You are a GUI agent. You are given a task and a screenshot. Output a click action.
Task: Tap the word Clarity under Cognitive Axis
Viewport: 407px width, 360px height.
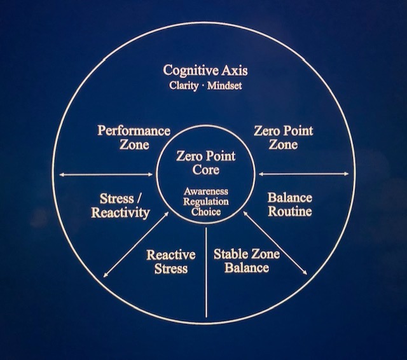184,85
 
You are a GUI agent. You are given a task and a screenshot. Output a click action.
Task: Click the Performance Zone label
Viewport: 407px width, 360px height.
134,137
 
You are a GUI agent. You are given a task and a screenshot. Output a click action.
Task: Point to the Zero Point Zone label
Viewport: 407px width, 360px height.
283,137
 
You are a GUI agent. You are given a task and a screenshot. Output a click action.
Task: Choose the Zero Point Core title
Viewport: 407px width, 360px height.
206,163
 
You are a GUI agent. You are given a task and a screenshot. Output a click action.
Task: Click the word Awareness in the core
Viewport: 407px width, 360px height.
206,191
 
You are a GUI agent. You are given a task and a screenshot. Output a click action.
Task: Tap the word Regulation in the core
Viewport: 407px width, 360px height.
206,202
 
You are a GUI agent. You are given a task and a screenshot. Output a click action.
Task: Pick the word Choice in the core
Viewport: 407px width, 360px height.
206,212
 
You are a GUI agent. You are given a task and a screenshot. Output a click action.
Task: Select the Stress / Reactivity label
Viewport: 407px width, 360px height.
120,205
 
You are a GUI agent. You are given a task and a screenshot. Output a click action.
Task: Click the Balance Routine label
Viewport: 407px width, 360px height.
289,205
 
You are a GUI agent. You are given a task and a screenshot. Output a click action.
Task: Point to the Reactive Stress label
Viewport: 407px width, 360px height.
171,261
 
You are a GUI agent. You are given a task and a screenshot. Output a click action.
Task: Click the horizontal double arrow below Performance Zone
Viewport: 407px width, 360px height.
105,174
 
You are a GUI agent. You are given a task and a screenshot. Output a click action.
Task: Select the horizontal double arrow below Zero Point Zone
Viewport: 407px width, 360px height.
304,174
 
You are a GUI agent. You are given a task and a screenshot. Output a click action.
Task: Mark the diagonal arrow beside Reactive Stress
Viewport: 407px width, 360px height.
135,246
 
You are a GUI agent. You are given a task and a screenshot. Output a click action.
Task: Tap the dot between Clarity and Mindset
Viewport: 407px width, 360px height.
203,85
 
